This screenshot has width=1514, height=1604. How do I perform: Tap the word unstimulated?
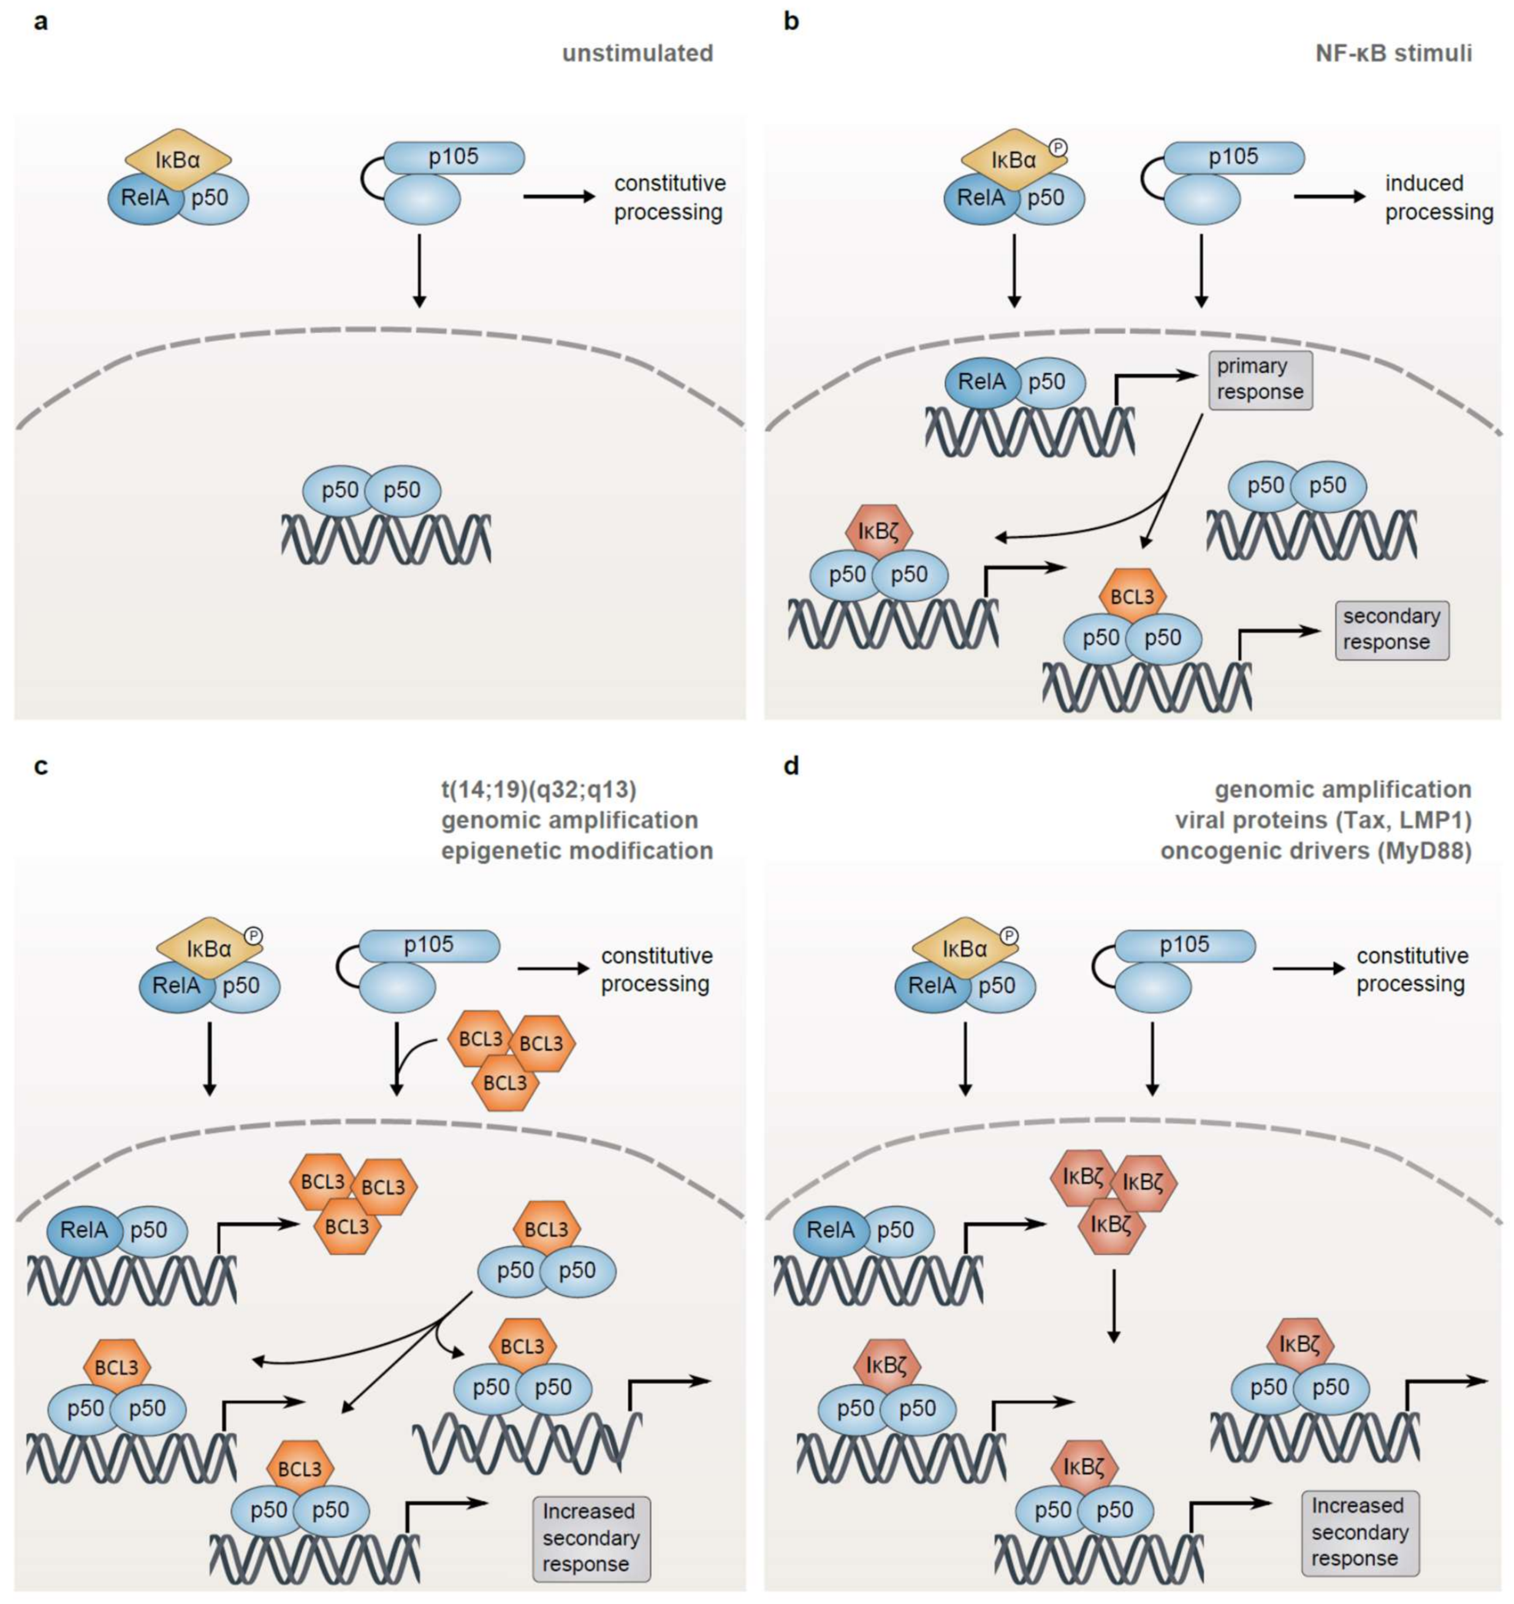point(637,54)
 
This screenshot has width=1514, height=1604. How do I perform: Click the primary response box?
point(1260,379)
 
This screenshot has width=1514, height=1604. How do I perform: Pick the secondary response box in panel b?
point(1391,629)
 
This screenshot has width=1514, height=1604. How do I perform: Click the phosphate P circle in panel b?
point(1059,147)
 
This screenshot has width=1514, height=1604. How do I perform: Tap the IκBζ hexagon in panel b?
point(879,532)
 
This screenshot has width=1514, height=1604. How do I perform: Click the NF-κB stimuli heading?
point(1394,54)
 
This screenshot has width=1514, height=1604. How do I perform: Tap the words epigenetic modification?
point(577,850)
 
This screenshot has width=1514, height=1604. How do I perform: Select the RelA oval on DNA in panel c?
point(84,1230)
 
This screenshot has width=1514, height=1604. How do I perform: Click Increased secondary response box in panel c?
point(591,1538)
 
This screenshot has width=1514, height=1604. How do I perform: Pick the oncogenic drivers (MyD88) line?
point(1315,850)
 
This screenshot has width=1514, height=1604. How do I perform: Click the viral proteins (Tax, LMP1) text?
point(1323,820)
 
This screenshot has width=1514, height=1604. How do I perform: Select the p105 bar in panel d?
point(1185,945)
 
